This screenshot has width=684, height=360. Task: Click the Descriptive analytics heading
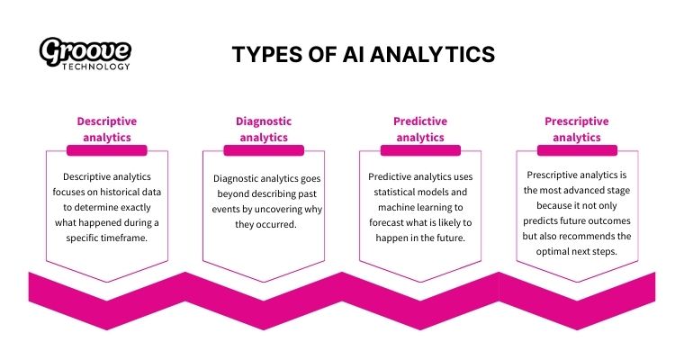(x=106, y=129)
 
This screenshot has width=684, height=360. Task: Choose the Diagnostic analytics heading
(x=264, y=129)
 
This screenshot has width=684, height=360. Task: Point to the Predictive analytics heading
(x=420, y=129)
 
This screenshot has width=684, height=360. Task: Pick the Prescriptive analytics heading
(x=577, y=129)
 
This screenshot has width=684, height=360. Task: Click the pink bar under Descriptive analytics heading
(x=106, y=150)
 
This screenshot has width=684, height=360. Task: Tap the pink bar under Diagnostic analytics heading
(x=264, y=150)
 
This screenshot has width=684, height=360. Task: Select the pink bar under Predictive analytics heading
(x=420, y=150)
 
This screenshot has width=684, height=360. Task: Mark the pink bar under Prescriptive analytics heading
(x=577, y=150)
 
